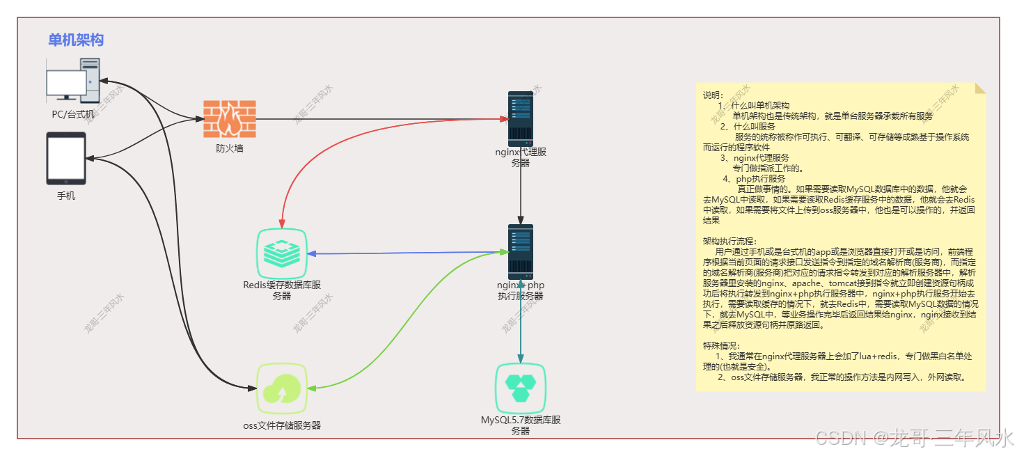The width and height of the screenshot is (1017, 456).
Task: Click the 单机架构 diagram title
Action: coord(76,40)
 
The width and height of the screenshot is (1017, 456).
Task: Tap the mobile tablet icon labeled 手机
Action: coord(66,158)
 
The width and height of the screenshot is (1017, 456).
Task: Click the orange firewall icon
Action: coord(229,119)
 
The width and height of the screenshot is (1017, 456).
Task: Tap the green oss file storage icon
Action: coord(282,388)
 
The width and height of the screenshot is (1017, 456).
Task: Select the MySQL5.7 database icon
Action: coord(520,388)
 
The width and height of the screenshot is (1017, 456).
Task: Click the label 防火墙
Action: coord(229,148)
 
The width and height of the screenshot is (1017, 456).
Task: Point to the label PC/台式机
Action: coord(72,113)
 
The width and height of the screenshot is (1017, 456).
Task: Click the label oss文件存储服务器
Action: coord(282,425)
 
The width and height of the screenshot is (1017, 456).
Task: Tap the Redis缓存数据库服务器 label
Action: coord(282,290)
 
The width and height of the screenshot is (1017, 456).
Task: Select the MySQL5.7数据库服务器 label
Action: coord(521,425)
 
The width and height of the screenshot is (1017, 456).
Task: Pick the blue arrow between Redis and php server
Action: coord(411,253)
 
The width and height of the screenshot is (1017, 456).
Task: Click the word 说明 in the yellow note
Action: coord(713,95)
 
